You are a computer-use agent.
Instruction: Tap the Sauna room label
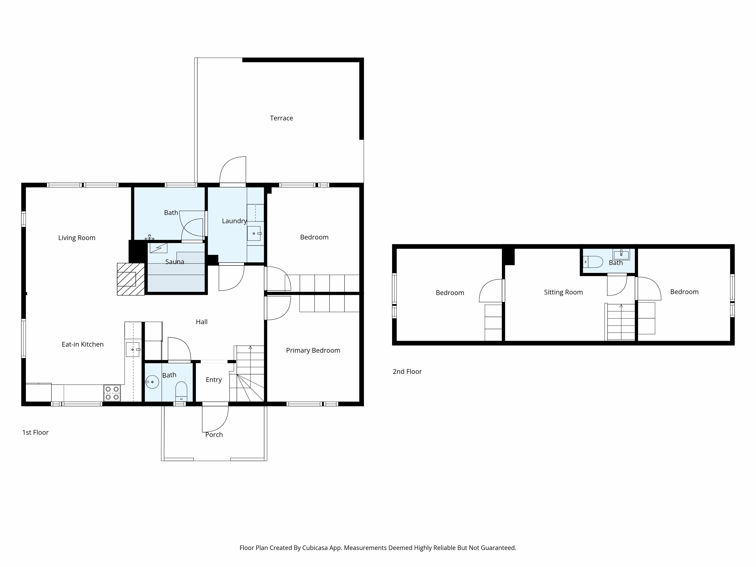[175, 262]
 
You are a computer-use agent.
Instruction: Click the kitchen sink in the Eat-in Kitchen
[133, 349]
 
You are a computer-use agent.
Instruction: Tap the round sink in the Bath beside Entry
[152, 382]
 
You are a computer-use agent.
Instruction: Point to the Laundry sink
[254, 233]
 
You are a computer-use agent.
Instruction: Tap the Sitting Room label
[563, 292]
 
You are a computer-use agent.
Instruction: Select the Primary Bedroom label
[313, 350]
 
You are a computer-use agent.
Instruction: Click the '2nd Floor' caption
[407, 372]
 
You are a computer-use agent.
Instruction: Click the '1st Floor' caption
[36, 432]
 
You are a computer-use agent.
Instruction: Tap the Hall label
[202, 322]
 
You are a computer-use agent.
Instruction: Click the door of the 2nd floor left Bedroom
[491, 290]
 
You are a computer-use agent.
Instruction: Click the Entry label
[214, 380]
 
